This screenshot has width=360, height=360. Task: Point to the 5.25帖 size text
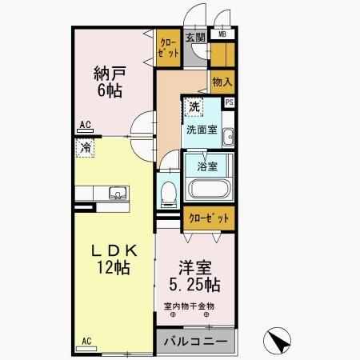coord(194,285)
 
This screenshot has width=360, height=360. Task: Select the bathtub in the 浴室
coord(209,190)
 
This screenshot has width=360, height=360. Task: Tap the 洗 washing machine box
coord(193,106)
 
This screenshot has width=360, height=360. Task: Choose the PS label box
coord(230,102)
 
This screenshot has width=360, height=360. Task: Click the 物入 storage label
coord(222,82)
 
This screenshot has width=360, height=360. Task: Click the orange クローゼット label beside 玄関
coord(168,48)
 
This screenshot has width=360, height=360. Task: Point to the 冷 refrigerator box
coord(85,146)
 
